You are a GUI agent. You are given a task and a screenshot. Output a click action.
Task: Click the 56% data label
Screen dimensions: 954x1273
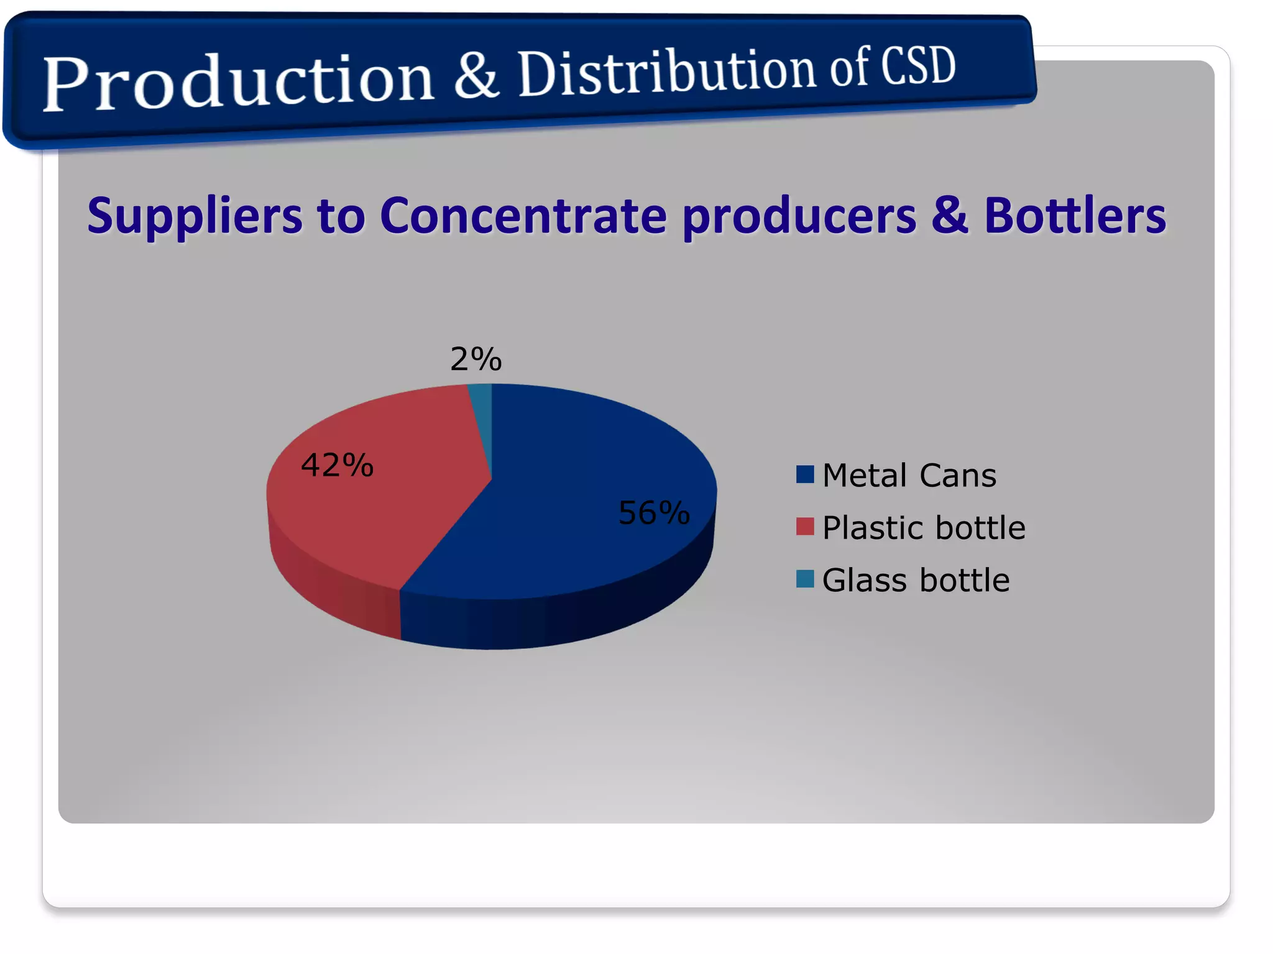[x=654, y=513]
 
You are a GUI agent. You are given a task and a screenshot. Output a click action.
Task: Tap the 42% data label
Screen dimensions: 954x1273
[x=337, y=465]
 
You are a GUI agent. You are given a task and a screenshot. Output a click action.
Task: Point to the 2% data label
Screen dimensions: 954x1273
[x=476, y=359]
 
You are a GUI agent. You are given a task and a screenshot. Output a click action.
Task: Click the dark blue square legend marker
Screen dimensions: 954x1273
[x=805, y=475]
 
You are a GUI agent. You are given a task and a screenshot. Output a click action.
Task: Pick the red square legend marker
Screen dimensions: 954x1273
[x=805, y=527]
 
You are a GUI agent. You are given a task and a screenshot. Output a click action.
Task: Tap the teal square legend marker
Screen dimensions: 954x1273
[x=805, y=579]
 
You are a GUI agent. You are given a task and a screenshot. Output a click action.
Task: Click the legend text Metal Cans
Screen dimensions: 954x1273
[x=909, y=476]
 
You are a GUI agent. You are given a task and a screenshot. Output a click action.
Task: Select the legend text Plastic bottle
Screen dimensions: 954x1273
[x=923, y=528]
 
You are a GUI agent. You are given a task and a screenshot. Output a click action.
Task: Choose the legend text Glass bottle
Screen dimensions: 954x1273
[x=916, y=580]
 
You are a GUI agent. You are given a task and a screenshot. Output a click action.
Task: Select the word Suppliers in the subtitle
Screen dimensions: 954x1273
[x=195, y=216]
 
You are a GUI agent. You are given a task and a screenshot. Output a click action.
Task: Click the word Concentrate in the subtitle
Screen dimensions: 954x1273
[x=523, y=216]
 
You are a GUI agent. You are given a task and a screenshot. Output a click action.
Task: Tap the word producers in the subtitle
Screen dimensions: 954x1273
[x=799, y=217]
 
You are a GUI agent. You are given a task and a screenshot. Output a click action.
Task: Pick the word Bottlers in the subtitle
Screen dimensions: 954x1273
[x=1075, y=216]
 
